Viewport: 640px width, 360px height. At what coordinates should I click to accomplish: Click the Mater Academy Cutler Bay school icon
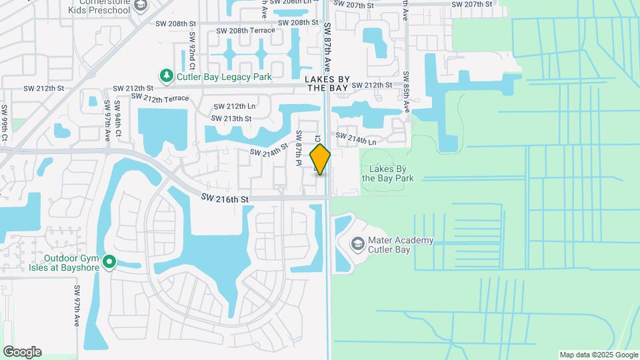358,245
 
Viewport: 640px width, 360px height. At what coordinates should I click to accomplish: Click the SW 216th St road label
225,199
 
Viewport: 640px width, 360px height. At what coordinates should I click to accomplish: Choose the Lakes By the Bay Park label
388,173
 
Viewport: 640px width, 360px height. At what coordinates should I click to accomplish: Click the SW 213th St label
231,119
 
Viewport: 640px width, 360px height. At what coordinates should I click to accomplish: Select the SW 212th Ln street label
235,107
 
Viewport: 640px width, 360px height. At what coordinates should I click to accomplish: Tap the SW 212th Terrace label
160,99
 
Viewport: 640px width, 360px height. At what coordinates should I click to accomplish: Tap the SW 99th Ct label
4,123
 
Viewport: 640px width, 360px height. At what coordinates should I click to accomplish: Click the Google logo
22,352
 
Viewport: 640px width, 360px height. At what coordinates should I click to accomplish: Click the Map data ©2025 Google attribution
599,355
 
